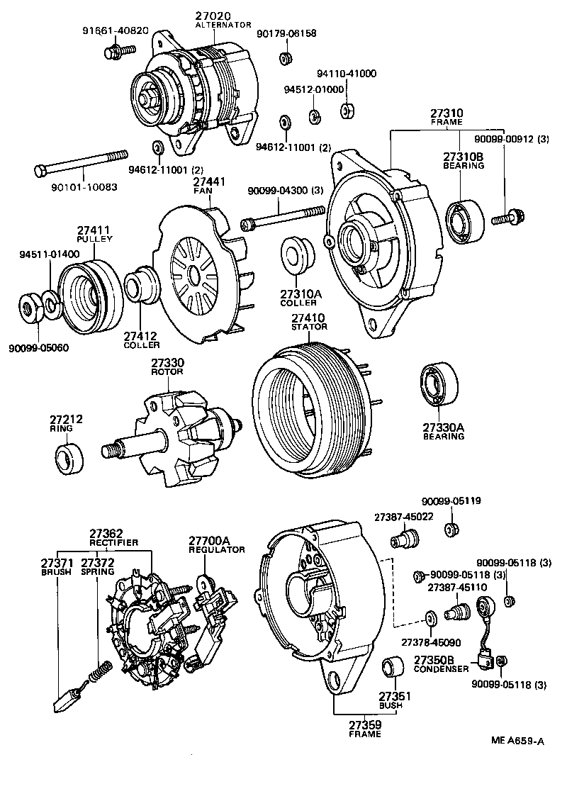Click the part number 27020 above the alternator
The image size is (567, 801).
(x=213, y=16)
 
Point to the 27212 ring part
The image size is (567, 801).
(x=70, y=459)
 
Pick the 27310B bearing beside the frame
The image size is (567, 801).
(x=465, y=220)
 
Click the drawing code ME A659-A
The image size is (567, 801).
(x=518, y=741)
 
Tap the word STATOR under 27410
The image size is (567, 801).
(x=309, y=327)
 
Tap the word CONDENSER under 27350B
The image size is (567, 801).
(x=441, y=668)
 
